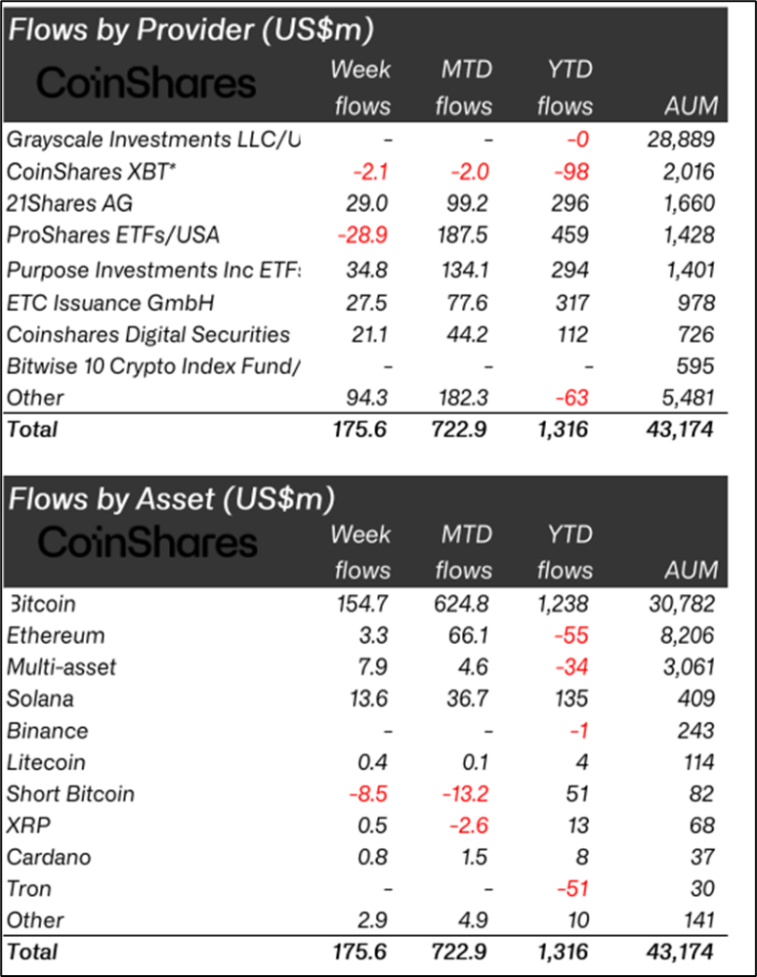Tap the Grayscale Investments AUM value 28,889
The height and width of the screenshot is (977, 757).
coord(679,139)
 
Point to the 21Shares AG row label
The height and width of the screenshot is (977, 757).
coord(70,204)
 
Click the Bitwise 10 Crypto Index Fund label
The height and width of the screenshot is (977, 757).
coord(154,366)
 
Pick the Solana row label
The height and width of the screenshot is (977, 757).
coord(40,699)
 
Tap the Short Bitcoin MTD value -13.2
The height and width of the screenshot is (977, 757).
coord(464,794)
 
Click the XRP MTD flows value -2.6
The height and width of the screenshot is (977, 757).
coord(468,825)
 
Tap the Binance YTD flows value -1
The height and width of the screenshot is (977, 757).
coord(578,731)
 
